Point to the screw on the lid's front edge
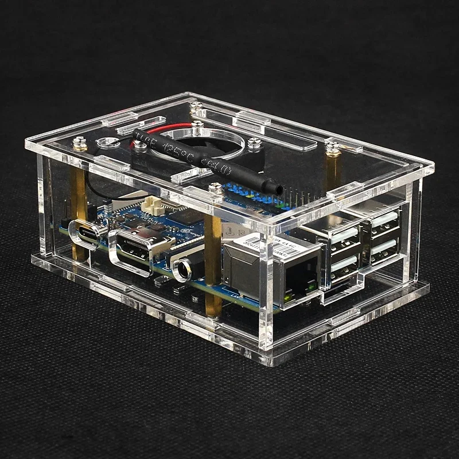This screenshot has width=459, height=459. point(215,187)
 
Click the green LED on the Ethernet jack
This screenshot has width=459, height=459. point(310,286)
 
